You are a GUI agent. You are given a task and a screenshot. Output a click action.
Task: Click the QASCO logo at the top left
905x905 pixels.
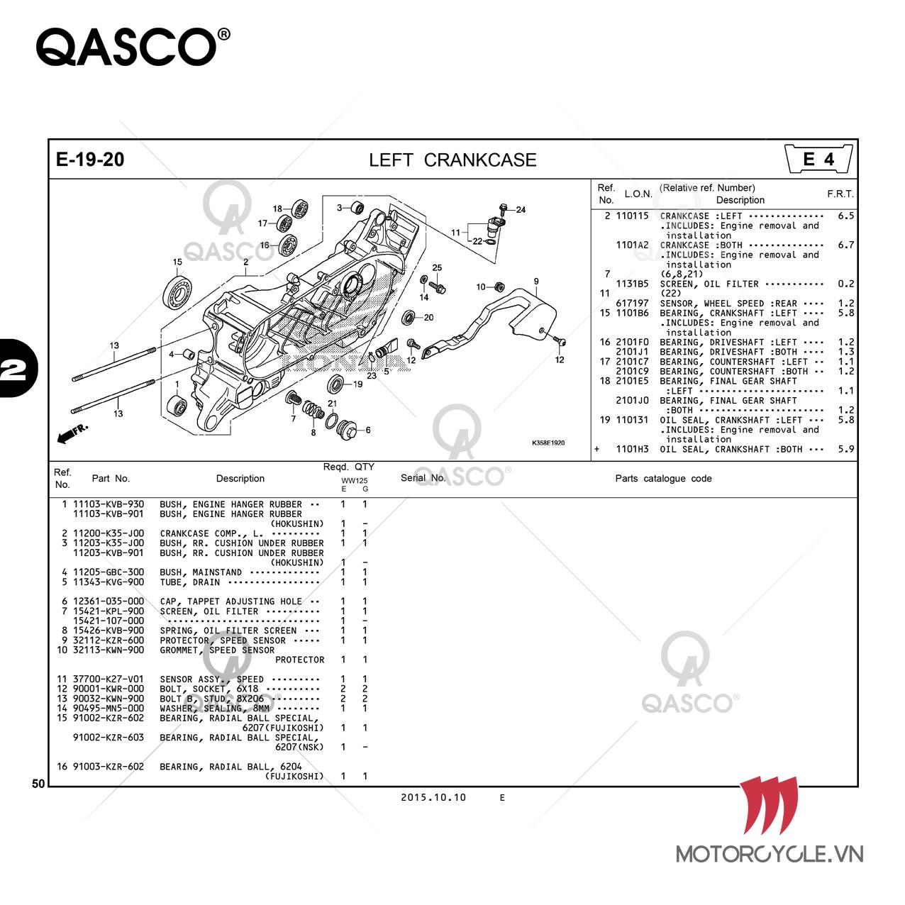[133, 47]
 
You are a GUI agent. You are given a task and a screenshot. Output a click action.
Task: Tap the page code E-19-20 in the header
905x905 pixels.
[89, 160]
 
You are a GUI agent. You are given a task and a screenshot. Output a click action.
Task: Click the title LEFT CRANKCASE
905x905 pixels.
[452, 160]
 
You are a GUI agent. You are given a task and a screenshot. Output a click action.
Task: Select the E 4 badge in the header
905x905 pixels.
[818, 159]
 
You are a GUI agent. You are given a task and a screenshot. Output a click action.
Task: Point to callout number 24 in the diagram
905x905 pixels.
[521, 210]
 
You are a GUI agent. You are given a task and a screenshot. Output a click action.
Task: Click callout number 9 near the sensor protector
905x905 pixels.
[536, 282]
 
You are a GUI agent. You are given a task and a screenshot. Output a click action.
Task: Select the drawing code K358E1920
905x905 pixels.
[548, 443]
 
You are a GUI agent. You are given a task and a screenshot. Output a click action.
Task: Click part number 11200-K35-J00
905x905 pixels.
[109, 533]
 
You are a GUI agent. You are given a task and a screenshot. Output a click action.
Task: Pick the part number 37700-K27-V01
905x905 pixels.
[109, 679]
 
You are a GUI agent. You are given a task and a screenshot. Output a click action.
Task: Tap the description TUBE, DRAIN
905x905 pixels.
[190, 582]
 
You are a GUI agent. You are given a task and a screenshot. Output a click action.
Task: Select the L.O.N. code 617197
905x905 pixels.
[632, 304]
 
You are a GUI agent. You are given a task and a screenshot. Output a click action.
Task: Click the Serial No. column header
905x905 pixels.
[423, 478]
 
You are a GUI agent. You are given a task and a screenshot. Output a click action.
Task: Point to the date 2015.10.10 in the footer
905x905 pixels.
[433, 797]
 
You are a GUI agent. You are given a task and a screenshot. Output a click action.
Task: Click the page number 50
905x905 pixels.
[38, 783]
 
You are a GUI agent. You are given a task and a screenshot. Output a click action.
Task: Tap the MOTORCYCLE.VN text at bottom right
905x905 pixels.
[770, 854]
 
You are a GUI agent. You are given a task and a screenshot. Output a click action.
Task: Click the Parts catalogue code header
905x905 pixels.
[663, 479]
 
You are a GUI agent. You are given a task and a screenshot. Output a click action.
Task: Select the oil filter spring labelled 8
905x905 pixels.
[313, 411]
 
